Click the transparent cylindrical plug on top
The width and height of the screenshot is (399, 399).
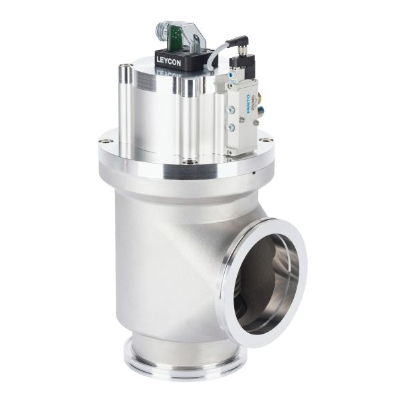pos(164,32)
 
